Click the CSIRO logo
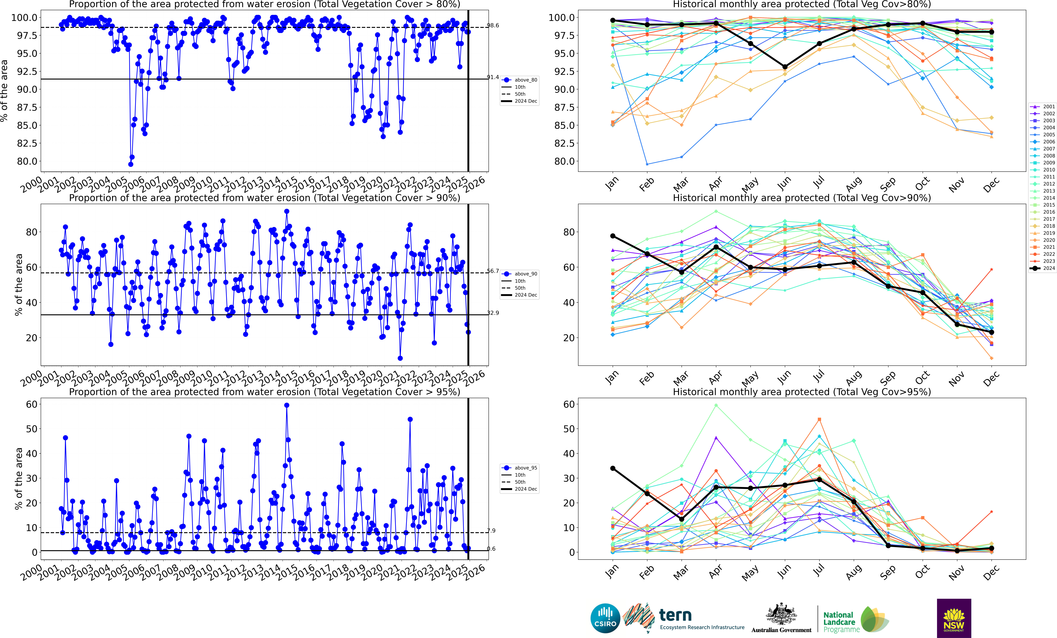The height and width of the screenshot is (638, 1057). click(x=605, y=618)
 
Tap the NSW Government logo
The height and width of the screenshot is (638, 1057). click(x=954, y=618)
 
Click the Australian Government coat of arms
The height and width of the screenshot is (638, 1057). click(x=781, y=614)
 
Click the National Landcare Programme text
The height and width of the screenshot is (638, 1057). click(x=841, y=622)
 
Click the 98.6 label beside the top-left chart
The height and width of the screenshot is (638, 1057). click(x=493, y=25)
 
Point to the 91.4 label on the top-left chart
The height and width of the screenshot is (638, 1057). click(x=493, y=77)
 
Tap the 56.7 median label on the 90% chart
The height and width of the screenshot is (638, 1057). click(x=493, y=271)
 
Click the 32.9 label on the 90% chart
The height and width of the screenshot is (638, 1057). click(x=493, y=313)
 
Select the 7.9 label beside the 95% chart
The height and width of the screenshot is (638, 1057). click(x=491, y=531)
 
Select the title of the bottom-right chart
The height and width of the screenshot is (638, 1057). click(x=802, y=392)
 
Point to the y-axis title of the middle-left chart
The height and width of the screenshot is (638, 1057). click(x=18, y=284)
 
